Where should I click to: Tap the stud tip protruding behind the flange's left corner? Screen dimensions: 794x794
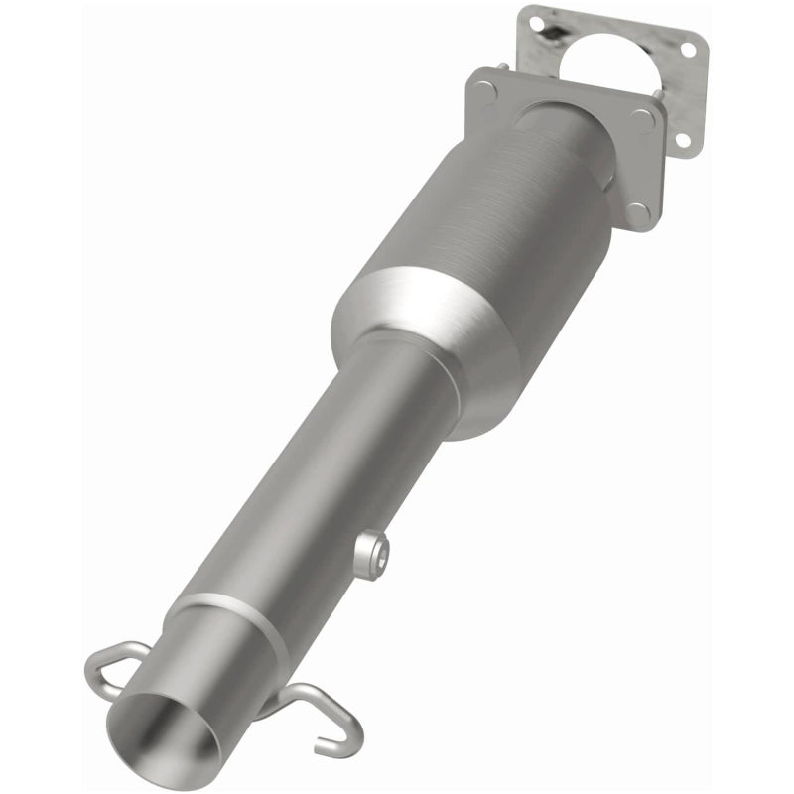(504, 67)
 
